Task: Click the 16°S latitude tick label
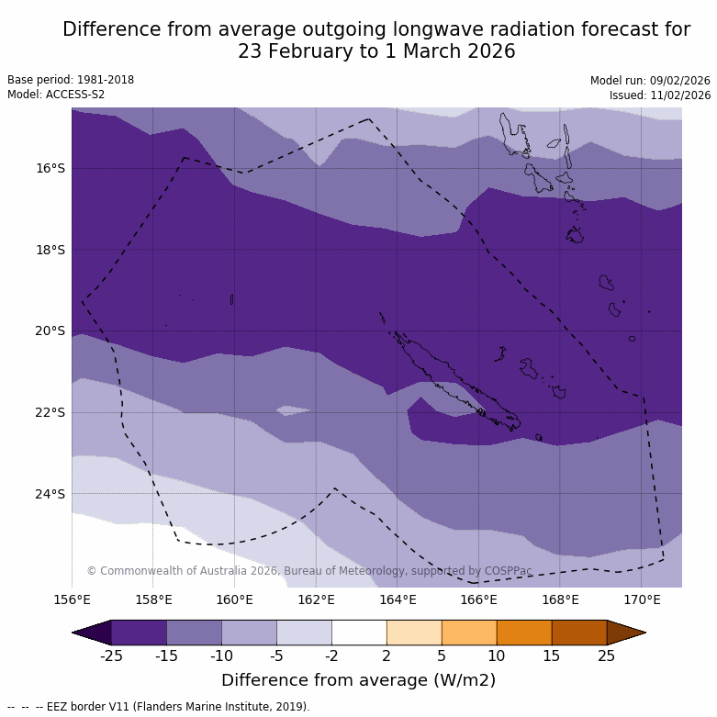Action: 50,168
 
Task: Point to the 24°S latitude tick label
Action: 50,494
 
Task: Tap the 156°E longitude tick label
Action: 72,600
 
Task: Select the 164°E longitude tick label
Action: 398,600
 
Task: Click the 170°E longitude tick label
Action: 642,600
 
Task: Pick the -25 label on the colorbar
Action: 111,655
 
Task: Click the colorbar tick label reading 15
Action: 552,655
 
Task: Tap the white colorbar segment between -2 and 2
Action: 359,633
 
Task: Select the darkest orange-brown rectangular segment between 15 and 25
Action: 579,633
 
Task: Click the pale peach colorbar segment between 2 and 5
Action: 414,633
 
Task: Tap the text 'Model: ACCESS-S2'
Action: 56,95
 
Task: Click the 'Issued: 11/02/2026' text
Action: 660,95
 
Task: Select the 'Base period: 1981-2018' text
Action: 71,80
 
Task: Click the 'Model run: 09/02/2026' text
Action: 650,80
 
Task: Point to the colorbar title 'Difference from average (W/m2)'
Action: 358,680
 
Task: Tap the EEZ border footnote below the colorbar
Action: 159,707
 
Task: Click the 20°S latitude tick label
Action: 50,330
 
